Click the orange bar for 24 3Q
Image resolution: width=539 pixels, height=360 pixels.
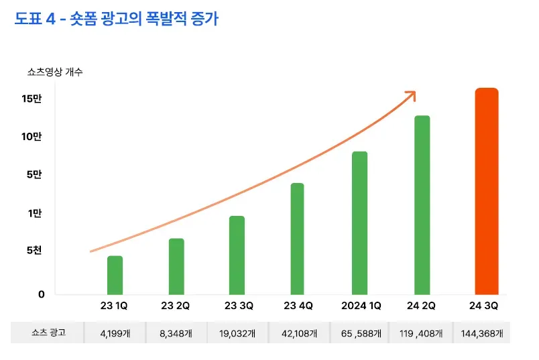tap(486, 191)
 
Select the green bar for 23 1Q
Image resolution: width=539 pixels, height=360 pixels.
tap(115, 275)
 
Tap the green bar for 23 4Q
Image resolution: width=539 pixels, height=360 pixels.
tap(297, 239)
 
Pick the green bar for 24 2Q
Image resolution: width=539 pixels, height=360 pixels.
tap(422, 204)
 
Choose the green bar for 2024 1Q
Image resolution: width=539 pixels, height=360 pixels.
tap(359, 223)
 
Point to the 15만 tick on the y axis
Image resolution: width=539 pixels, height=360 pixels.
tap(32, 99)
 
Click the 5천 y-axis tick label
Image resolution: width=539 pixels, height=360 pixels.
tap(35, 251)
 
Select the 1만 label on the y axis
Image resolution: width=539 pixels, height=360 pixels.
tap(35, 213)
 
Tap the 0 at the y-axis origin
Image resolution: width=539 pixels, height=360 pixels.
tap(41, 294)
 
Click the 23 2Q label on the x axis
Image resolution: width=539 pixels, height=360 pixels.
tap(176, 306)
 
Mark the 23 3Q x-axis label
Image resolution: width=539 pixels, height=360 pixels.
tap(239, 306)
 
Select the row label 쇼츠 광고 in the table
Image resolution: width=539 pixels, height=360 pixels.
tap(48, 333)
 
